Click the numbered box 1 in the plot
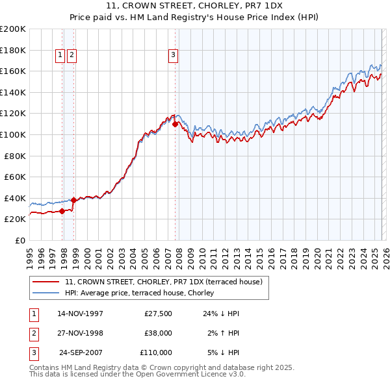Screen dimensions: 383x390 pos(60,56)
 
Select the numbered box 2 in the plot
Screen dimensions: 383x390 pos(71,56)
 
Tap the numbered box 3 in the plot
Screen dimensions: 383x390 pos(174,56)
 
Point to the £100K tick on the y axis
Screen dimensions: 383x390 pos(12,134)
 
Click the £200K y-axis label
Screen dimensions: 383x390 pos(12,29)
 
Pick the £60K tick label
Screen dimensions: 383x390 pos(14,177)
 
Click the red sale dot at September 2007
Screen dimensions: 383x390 pos(175,123)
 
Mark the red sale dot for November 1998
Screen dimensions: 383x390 pos(74,200)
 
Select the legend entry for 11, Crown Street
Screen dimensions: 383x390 pos(163,282)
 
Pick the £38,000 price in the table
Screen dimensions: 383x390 pos(156,333)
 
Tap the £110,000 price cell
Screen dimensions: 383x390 pos(156,352)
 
